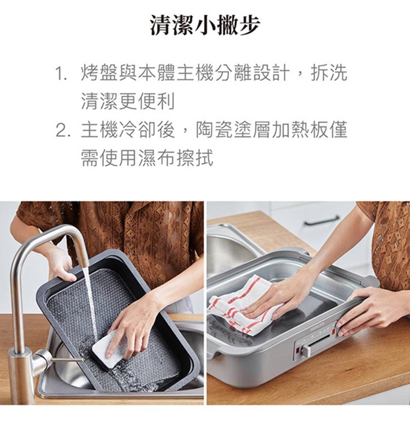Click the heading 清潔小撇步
(205, 25)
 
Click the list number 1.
(61, 73)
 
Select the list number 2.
(61, 130)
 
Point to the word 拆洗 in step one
(329, 73)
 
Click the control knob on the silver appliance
(307, 350)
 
